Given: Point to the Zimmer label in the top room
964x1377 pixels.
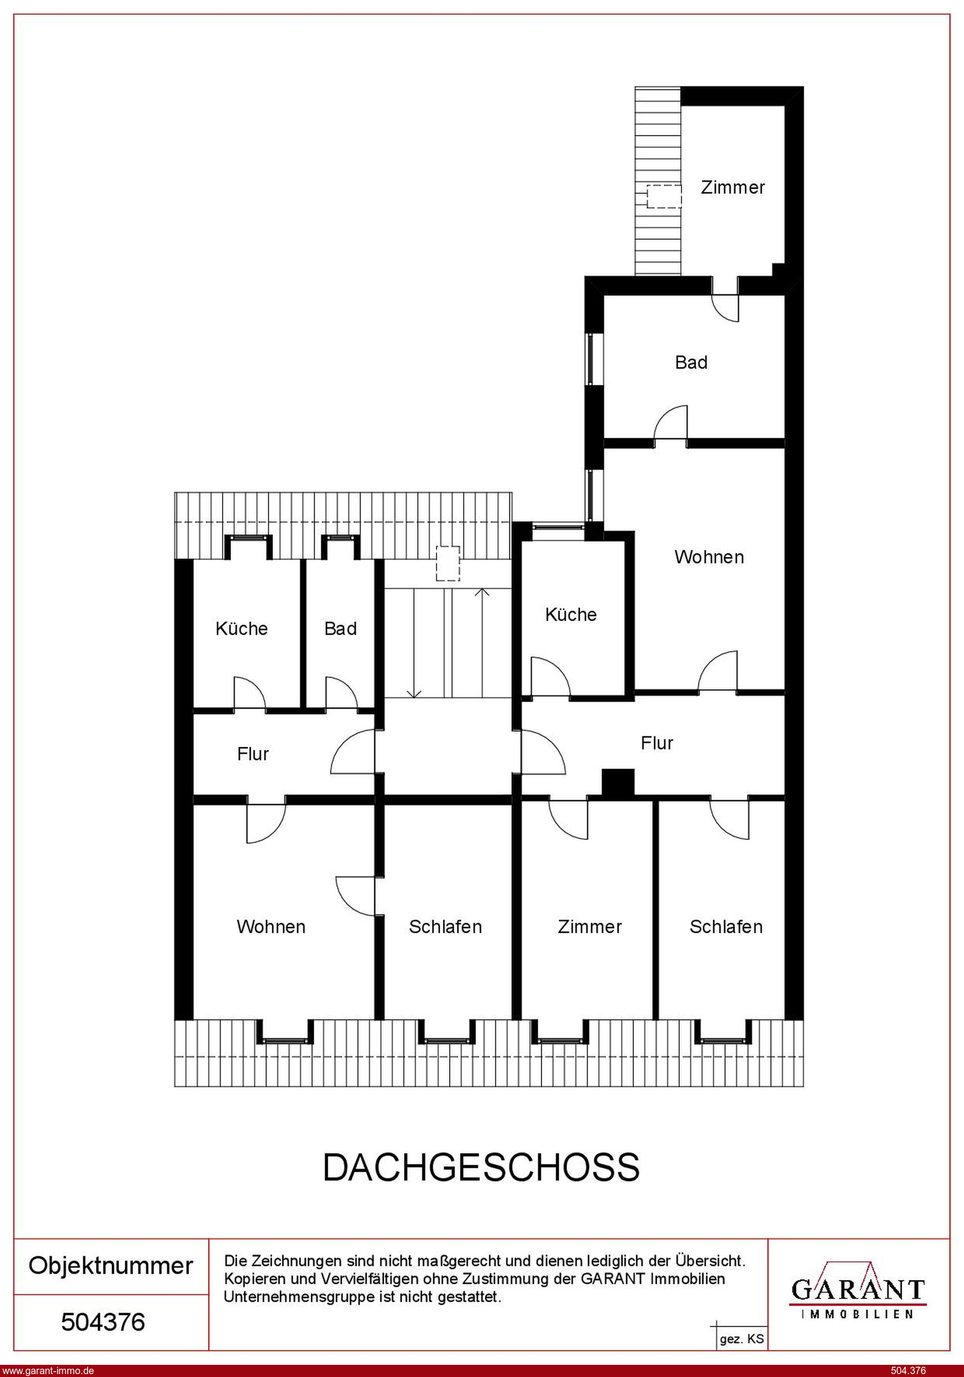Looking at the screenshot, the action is (x=733, y=187).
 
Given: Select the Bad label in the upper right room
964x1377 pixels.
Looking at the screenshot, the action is (x=691, y=362).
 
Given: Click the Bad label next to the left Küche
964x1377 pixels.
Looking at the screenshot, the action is (x=340, y=628).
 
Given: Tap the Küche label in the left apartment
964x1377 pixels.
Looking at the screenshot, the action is (x=242, y=628).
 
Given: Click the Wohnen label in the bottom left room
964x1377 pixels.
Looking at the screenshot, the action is (x=271, y=927).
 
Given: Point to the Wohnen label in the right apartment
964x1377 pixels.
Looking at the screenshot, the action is (x=709, y=557).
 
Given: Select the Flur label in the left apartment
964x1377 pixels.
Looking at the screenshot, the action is (x=253, y=754).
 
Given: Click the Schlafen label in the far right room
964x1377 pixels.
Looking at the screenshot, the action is (x=726, y=927).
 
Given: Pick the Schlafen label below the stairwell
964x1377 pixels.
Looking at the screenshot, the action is (x=445, y=927).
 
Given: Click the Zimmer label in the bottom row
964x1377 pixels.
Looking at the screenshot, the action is (x=590, y=927).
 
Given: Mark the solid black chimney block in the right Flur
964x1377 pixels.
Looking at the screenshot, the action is (x=618, y=784).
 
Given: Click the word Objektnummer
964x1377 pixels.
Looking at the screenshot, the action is (x=111, y=1265).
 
